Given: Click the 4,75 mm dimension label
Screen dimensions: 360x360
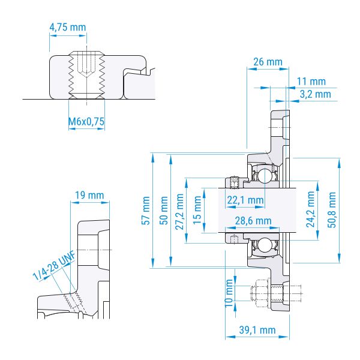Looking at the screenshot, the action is coord(68,28).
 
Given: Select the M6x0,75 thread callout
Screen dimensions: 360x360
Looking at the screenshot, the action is coord(86,121).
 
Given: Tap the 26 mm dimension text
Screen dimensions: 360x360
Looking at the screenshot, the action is coord(268,62).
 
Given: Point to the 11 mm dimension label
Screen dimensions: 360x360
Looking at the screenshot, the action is coord(311,82).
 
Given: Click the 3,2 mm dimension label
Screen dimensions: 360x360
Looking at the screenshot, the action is coord(316,94).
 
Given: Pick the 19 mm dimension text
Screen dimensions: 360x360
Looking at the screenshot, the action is coord(89,196).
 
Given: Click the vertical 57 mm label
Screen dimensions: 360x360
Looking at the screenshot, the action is coord(146,211).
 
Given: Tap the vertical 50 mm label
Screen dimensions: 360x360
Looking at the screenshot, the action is coord(164,211).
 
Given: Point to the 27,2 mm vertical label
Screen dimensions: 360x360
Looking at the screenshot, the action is coord(179,212).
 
